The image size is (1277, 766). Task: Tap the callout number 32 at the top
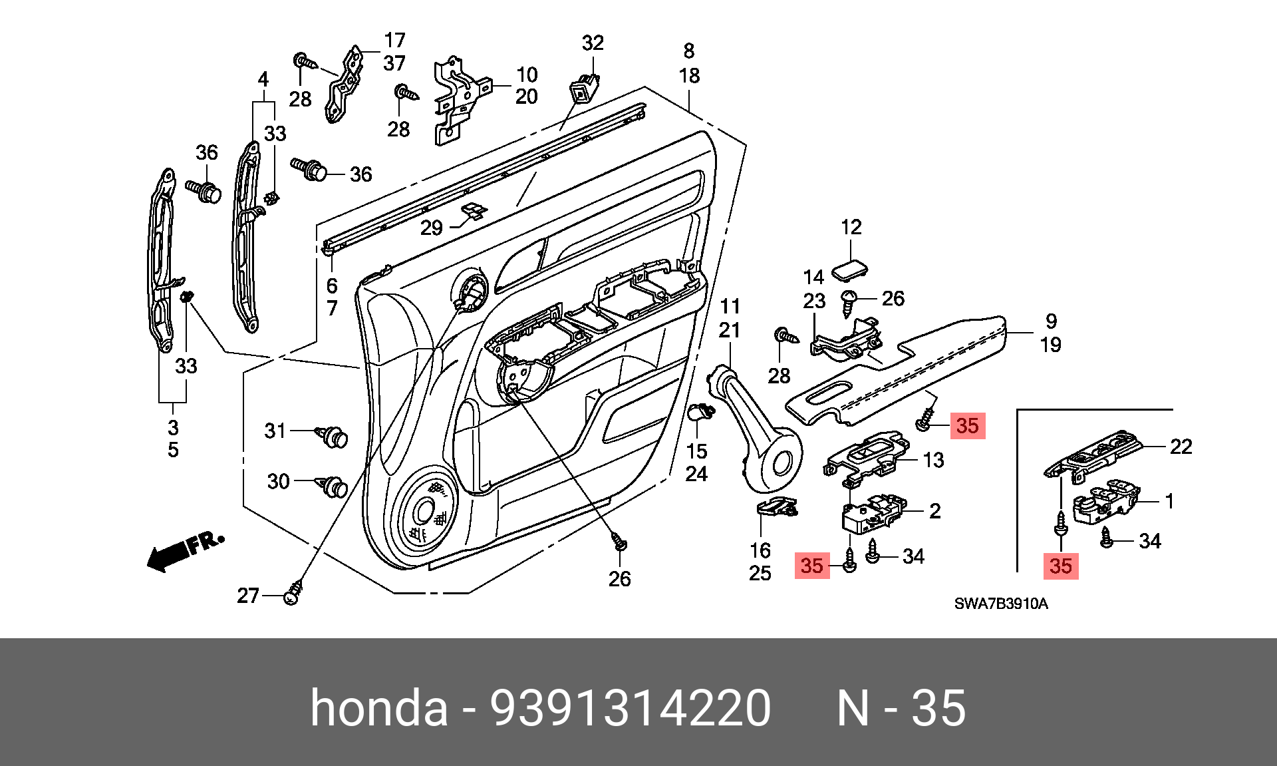pyautogui.click(x=593, y=43)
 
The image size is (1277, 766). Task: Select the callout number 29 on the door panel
pyautogui.click(x=432, y=228)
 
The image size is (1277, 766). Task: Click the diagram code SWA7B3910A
pyautogui.click(x=1001, y=604)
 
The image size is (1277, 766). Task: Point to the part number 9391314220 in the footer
pyautogui.click(x=631, y=707)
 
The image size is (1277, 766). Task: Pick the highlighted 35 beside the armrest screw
pyautogui.click(x=967, y=425)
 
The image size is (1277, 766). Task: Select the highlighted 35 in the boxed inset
pyautogui.click(x=1061, y=566)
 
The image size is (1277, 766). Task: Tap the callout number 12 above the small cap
pyautogui.click(x=851, y=227)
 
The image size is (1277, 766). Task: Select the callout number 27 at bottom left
pyautogui.click(x=248, y=595)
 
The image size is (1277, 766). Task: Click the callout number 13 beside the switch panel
pyautogui.click(x=934, y=460)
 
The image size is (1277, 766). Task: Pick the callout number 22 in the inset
pyautogui.click(x=1181, y=447)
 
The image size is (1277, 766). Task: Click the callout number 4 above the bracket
pyautogui.click(x=263, y=79)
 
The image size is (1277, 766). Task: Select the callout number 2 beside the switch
pyautogui.click(x=935, y=511)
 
